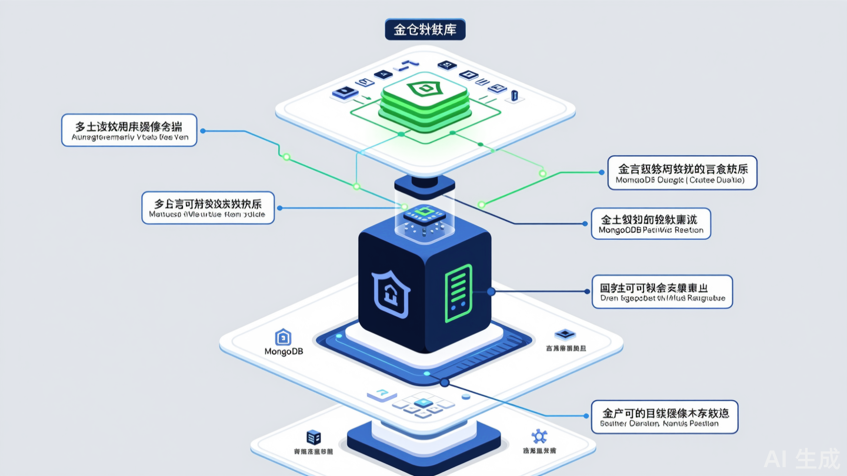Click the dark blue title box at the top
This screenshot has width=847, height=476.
[x=425, y=29]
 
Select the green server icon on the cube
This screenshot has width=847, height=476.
[x=459, y=293]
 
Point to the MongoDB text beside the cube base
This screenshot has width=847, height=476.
[x=284, y=351]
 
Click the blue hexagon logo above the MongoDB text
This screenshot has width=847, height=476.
[x=284, y=337]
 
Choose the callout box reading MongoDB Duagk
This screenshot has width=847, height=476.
[x=682, y=173]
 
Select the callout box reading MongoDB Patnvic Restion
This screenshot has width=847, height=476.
[x=651, y=223]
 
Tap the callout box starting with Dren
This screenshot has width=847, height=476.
[x=662, y=291]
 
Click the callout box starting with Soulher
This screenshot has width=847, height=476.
[x=664, y=417]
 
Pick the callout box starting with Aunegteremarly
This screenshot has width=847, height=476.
[x=129, y=130]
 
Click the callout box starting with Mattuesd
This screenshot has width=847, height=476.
[x=208, y=207]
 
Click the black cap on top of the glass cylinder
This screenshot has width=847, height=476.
[x=424, y=183]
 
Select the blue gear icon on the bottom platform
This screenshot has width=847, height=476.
[x=538, y=437]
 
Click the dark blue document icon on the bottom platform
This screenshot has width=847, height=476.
[x=314, y=437]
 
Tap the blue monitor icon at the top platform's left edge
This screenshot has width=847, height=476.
[x=343, y=92]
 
